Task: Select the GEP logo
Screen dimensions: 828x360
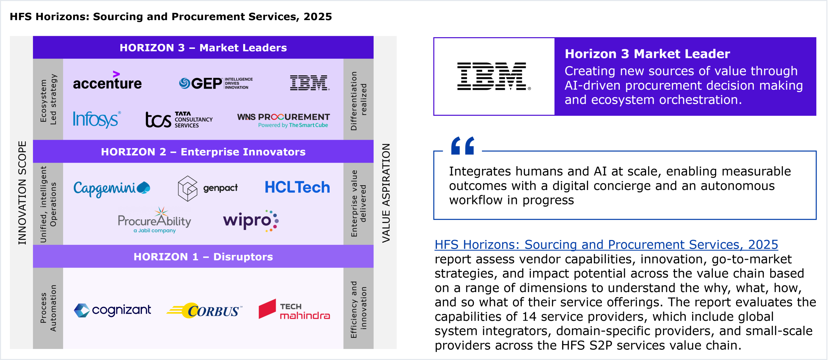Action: pos(216,83)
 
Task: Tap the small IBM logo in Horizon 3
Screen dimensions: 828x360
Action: pos(310,83)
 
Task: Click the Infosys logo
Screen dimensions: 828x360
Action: pos(97,119)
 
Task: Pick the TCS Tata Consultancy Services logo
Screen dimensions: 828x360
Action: pos(179,120)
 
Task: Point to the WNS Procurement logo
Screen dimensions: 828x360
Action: pos(283,120)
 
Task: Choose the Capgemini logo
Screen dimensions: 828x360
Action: pos(112,188)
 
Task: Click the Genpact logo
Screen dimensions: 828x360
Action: pos(208,188)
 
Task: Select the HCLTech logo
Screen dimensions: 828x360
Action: pos(297,187)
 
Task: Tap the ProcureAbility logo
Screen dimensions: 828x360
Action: pos(155,220)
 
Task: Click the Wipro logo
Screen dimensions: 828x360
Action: pos(251,221)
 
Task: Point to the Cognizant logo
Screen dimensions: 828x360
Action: pos(112,310)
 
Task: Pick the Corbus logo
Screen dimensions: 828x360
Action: pos(204,311)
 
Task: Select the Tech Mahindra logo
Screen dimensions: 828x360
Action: pos(294,309)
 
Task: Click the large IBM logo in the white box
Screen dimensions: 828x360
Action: pos(494,76)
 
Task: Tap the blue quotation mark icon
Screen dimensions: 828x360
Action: pos(463,146)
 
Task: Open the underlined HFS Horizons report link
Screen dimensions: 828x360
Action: pos(606,245)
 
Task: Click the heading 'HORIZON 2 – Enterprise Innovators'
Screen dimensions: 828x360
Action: pos(203,152)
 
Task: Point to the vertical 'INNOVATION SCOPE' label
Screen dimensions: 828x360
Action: pos(22,193)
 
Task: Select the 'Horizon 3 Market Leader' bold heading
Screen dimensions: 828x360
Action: pos(647,54)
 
